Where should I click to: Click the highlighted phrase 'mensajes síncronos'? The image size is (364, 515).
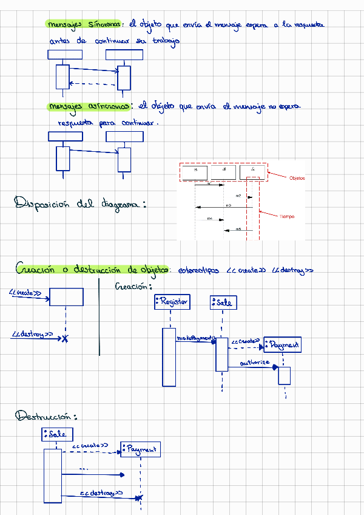[84, 24]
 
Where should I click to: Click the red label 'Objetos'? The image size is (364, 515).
[297, 178]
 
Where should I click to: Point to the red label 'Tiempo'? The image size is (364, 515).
[287, 216]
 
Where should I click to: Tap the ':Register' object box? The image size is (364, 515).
[172, 301]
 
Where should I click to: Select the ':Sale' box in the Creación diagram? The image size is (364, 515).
[222, 302]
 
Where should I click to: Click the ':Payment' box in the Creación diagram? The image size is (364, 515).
[283, 345]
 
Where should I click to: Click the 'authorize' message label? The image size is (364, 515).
[255, 363]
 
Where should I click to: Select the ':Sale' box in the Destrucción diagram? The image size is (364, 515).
[58, 434]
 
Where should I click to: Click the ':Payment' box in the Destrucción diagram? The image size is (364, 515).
[140, 449]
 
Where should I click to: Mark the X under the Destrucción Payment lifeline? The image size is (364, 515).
[140, 499]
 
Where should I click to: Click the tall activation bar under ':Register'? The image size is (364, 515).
[169, 356]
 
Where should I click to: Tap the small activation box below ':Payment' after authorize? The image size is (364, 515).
[285, 375]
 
